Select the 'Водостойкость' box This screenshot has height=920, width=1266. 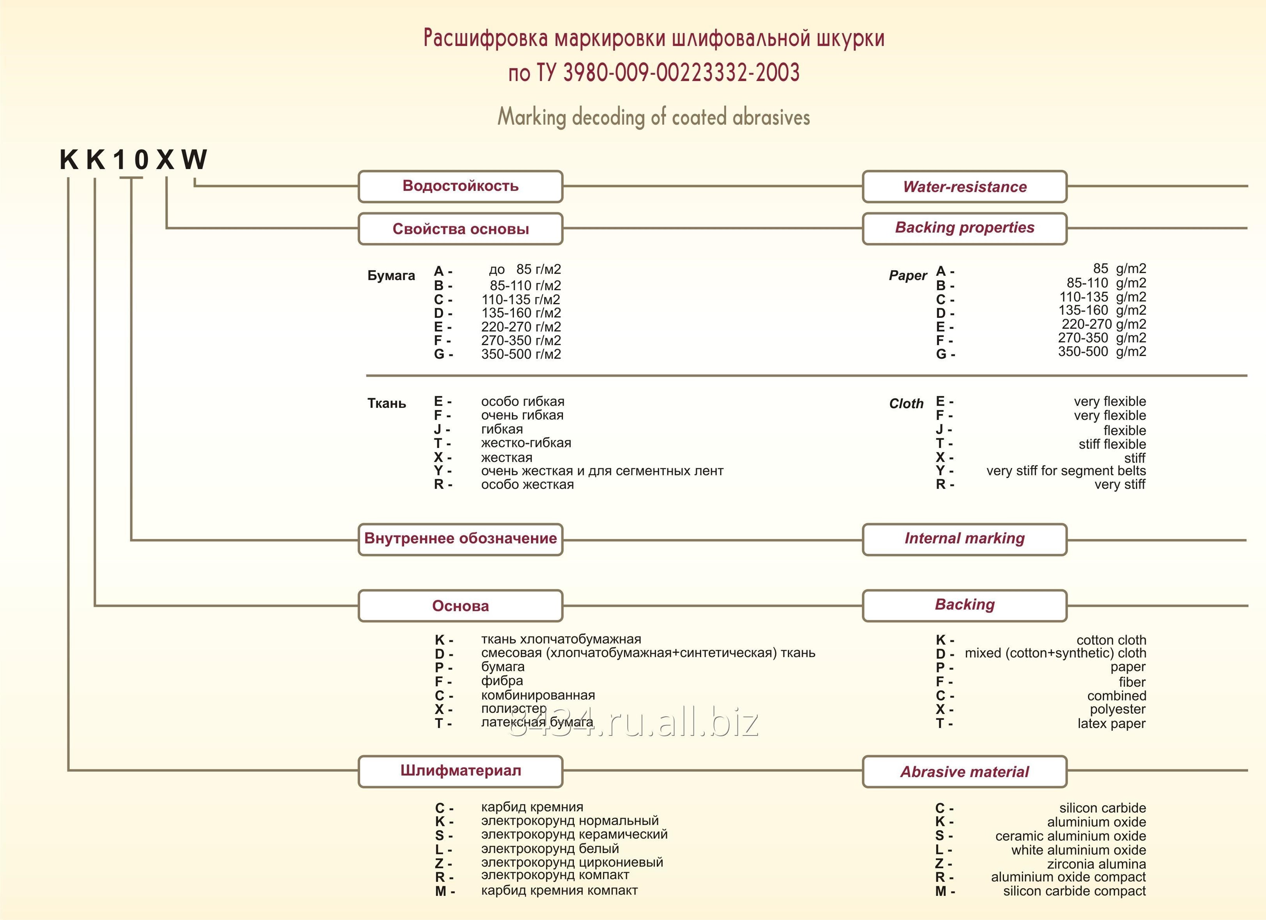point(460,186)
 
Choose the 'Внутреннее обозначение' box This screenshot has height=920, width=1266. point(460,539)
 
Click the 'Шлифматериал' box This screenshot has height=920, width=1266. point(460,771)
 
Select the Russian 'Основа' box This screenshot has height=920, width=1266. point(460,606)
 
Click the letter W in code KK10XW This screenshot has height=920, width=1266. point(194,160)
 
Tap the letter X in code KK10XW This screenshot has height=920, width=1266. point(165,160)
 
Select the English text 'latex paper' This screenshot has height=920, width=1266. point(1111,723)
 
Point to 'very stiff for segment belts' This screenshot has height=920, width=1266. point(1066,470)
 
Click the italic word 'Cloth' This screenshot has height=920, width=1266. point(906,403)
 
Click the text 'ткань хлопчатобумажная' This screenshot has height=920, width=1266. point(561,639)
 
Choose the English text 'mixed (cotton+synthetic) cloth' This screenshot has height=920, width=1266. point(1055,653)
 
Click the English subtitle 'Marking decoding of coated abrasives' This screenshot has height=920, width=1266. point(653,117)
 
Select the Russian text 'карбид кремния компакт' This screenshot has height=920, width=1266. point(559,890)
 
